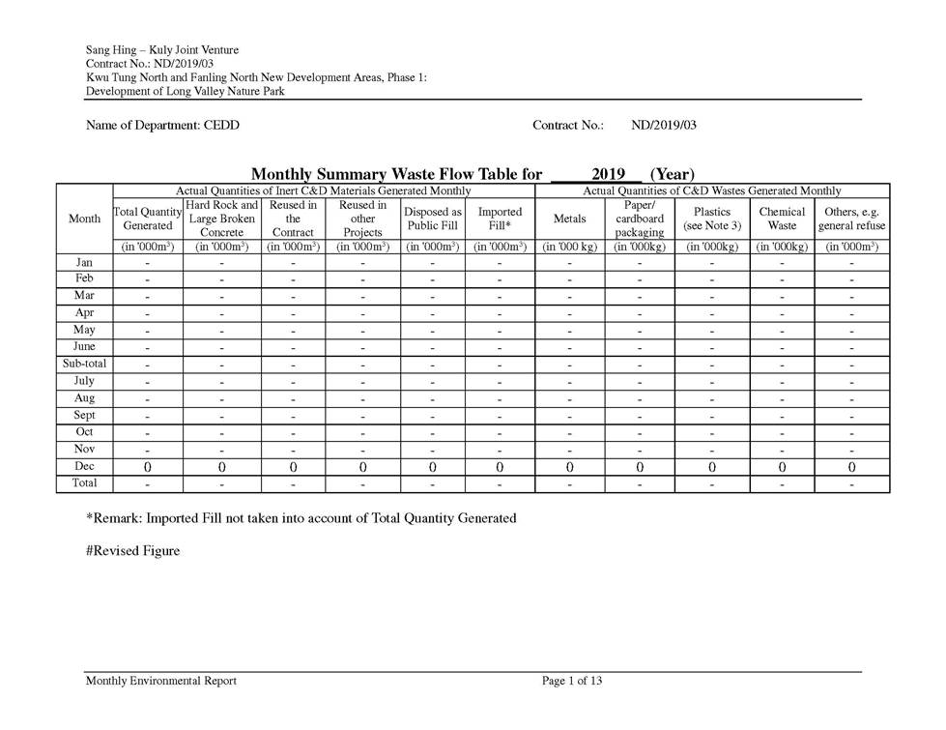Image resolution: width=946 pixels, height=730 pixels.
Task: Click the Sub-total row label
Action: (x=84, y=365)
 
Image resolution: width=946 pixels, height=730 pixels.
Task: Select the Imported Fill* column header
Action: (x=500, y=219)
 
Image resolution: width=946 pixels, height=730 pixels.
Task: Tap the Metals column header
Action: (x=569, y=219)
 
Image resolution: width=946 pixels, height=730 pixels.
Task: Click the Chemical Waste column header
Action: (x=782, y=219)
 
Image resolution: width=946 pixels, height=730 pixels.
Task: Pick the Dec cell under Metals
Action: (x=569, y=467)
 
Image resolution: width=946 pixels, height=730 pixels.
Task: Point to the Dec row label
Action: (x=84, y=466)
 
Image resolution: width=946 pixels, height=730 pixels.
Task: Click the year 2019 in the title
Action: (x=609, y=174)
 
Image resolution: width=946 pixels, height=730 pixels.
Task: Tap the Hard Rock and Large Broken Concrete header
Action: (x=221, y=219)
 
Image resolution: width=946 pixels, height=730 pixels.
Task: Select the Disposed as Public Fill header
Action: (x=432, y=219)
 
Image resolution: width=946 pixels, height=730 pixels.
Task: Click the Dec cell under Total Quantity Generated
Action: (x=147, y=467)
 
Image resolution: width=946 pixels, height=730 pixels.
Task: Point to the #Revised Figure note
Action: (x=132, y=551)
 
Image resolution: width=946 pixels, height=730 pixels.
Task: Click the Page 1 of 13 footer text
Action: (x=572, y=681)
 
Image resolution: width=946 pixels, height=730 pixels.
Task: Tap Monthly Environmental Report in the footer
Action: (x=161, y=681)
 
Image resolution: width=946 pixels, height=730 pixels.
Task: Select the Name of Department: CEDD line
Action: (x=162, y=125)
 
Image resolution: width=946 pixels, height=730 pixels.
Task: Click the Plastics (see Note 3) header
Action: (x=712, y=219)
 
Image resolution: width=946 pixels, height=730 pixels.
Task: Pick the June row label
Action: (x=84, y=347)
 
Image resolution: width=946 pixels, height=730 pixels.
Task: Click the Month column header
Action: (x=84, y=219)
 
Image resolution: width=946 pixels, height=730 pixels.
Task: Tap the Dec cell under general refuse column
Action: (x=851, y=467)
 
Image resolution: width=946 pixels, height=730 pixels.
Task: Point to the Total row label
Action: (x=84, y=482)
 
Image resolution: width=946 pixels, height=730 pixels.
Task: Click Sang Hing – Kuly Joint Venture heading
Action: (x=162, y=50)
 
